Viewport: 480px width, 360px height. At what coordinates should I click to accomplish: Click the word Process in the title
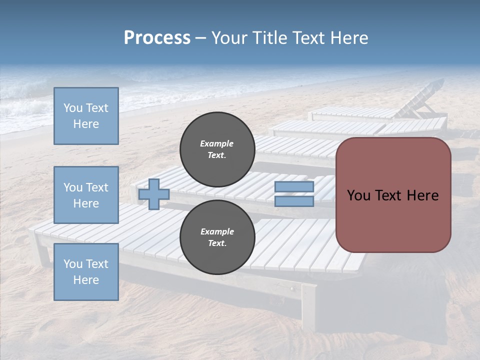(157, 38)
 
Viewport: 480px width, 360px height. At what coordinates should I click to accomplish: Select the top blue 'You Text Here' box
(86, 116)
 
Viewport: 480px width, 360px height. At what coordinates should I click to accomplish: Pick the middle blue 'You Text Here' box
(86, 195)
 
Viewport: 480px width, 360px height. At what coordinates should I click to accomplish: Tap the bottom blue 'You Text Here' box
(86, 272)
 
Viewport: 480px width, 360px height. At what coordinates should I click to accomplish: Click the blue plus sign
(154, 194)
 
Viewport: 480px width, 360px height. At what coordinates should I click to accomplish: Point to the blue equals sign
(294, 194)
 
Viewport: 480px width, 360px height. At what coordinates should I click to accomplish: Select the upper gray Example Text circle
(217, 149)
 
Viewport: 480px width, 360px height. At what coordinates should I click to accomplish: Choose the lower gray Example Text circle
(217, 237)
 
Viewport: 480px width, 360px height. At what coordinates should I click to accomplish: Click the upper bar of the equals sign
(294, 187)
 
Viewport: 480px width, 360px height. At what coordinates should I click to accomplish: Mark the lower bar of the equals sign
(294, 201)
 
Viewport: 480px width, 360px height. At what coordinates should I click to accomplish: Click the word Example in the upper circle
(217, 143)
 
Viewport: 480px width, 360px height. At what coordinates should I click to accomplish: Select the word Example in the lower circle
(217, 231)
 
